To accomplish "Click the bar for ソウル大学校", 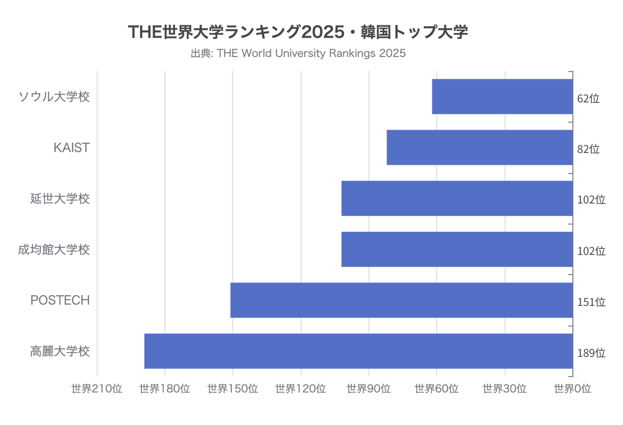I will (x=502, y=96).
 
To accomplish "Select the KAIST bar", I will (x=479, y=147).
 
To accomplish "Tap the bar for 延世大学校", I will (x=457, y=198).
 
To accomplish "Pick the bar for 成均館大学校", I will (x=457, y=249).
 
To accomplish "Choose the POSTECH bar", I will (x=401, y=300).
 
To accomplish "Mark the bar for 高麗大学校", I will (x=358, y=351).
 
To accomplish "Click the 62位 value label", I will (x=588, y=99).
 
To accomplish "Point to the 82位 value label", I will (x=588, y=149).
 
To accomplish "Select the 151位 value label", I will (x=591, y=302).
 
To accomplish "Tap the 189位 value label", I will (x=591, y=353).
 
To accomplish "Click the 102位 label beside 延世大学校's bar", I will (x=591, y=200).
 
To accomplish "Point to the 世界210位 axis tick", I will (x=97, y=389).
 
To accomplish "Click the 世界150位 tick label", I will (x=233, y=389).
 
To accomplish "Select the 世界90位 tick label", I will (x=368, y=389).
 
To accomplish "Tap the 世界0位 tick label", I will (x=572, y=389).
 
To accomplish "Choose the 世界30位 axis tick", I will (x=504, y=389).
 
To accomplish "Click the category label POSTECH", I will (x=60, y=300).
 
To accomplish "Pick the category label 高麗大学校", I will (x=60, y=351).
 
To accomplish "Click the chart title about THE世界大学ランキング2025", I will (x=298, y=32).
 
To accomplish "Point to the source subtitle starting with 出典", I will (x=298, y=53).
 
